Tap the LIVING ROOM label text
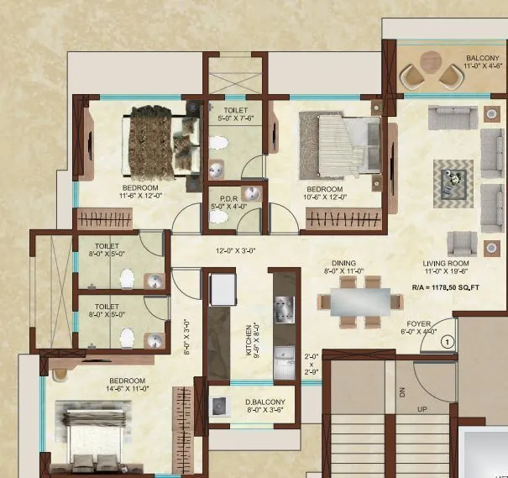point(447,264)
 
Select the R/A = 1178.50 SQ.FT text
point(444,286)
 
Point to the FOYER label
point(419,323)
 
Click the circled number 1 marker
point(448,341)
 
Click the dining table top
point(359,300)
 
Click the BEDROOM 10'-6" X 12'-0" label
point(325,193)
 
